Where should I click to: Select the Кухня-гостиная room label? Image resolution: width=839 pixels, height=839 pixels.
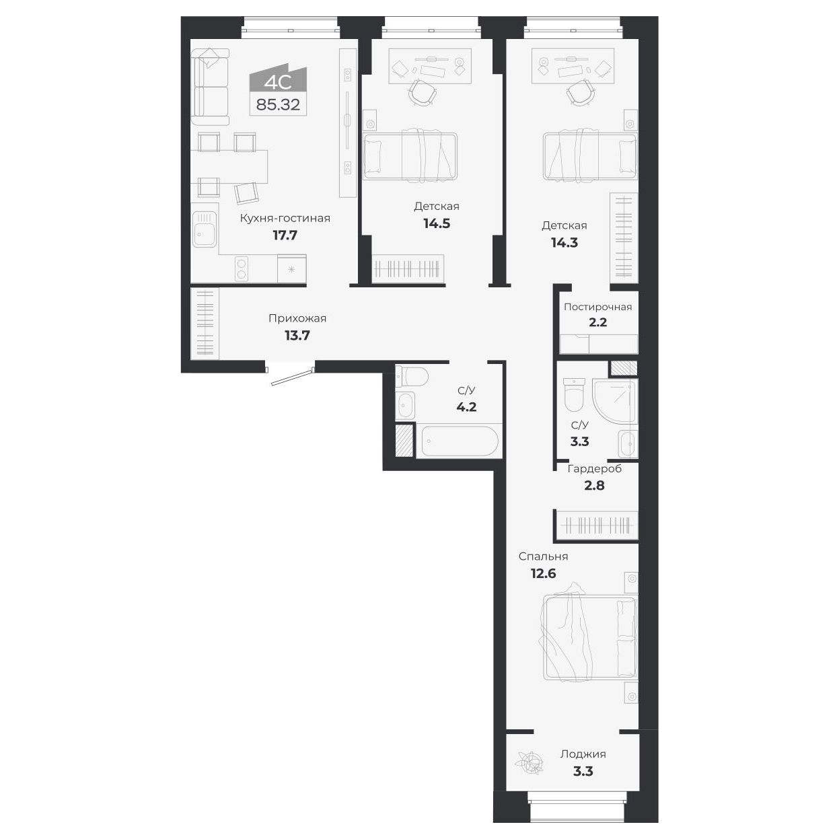(x=285, y=218)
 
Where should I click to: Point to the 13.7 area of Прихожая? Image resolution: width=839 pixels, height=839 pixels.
(x=297, y=335)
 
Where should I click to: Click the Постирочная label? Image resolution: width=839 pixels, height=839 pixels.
(x=597, y=307)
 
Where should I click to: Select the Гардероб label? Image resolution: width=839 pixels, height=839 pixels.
(x=594, y=468)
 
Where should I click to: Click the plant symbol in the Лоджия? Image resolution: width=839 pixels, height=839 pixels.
(x=527, y=763)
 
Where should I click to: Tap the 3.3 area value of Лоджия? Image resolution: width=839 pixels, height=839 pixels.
(x=583, y=771)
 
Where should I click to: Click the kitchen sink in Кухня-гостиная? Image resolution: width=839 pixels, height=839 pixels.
(x=204, y=230)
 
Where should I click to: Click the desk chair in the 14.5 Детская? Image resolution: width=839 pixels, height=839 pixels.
(x=421, y=92)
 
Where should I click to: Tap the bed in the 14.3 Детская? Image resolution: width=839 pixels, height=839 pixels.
(x=589, y=156)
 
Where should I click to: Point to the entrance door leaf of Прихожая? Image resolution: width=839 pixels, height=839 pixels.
(x=293, y=376)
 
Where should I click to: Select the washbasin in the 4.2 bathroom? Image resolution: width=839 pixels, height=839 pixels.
(x=405, y=406)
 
